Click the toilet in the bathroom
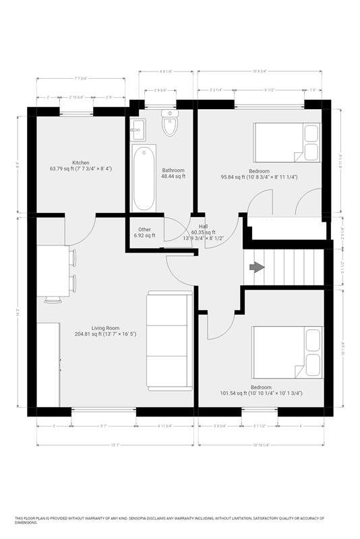click(x=169, y=125)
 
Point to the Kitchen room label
click(x=81, y=166)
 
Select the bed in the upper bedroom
click(x=287, y=142)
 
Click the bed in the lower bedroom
click(x=287, y=350)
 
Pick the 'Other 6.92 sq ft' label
click(x=145, y=232)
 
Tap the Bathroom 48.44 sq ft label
click(x=173, y=174)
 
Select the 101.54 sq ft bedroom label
click(x=261, y=390)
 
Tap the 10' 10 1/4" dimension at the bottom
click(x=261, y=445)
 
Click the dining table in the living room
click(x=52, y=273)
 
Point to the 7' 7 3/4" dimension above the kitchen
click(x=80, y=78)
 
